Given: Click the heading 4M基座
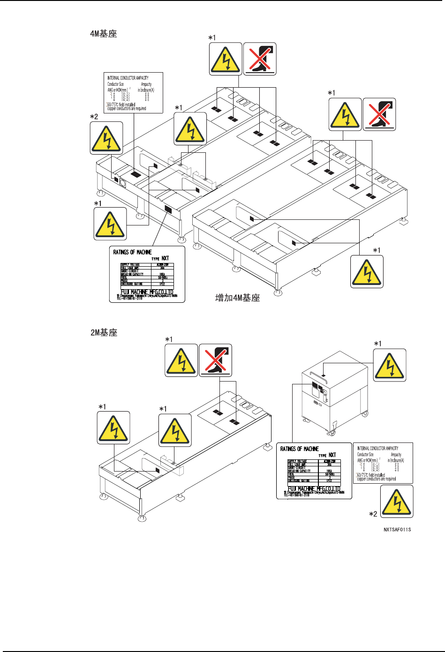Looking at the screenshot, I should tap(103, 34).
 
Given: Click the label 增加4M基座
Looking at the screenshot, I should tap(237, 298).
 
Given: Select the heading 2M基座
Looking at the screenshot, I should tap(103, 333).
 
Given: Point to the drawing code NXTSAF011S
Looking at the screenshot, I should tap(397, 530).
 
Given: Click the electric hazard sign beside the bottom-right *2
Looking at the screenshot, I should tap(397, 501).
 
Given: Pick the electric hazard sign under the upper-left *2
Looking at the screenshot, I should tap(106, 138).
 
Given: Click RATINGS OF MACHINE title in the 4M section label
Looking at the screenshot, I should tap(133, 252).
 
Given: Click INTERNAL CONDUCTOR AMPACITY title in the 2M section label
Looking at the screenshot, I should tap(377, 448).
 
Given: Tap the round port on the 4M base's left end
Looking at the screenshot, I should tap(123, 183).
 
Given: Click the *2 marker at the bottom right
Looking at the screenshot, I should tap(373, 514).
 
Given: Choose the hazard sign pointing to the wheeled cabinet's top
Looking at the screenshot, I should tap(390, 365).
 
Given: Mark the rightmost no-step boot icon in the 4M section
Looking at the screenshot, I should tap(380, 114).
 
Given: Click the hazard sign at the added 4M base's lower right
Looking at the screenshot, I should tap(367, 271).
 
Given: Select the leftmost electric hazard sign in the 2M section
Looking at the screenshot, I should tap(113, 428).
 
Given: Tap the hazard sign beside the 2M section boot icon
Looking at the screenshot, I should tap(181, 360).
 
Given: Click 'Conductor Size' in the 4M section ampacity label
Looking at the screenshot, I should tap(116, 84).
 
